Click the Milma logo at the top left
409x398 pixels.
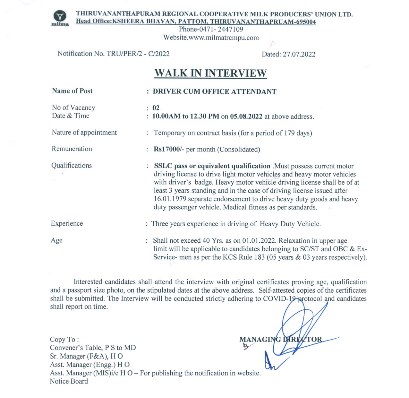60,18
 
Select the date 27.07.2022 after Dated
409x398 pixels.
299,54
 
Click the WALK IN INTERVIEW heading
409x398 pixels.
210,73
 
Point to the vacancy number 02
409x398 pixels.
156,108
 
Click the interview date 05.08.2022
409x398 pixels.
246,116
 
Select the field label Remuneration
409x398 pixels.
72,149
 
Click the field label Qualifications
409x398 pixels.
72,166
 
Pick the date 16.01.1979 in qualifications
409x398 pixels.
170,199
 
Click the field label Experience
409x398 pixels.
67,224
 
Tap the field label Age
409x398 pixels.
56,240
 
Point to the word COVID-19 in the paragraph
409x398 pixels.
280,299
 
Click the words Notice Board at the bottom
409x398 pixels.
69,382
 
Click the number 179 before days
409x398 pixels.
289,133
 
